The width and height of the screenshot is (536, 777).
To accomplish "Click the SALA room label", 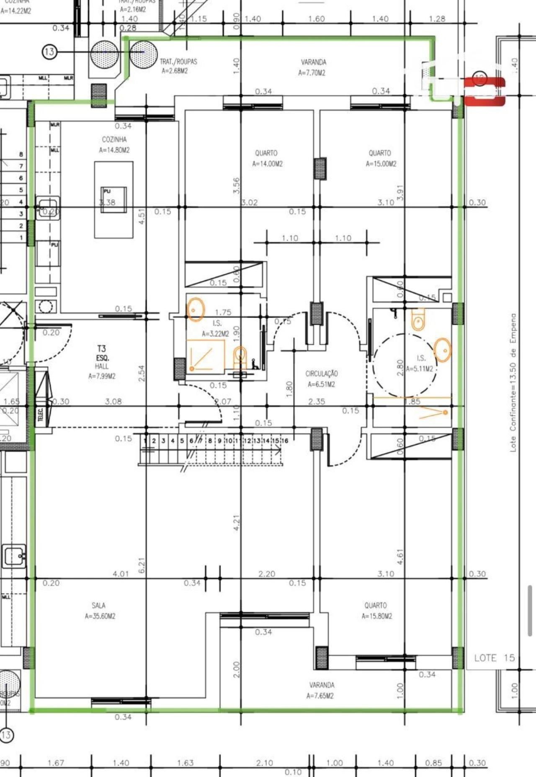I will [x=99, y=605].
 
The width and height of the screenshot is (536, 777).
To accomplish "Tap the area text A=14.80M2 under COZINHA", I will [x=114, y=150].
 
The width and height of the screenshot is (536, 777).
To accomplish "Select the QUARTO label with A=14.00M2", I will [x=266, y=153].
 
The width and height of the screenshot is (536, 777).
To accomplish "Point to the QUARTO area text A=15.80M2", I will [x=376, y=616].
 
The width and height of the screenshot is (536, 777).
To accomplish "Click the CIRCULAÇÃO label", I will [x=321, y=374].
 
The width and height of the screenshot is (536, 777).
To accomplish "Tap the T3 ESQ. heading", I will [x=102, y=353].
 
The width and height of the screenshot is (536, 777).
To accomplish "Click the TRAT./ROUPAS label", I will [x=178, y=62].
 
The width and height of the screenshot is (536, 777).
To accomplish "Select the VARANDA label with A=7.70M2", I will [x=313, y=62].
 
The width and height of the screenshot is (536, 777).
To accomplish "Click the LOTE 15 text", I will [x=494, y=658].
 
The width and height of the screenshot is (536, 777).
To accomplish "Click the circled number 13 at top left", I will [x=49, y=52].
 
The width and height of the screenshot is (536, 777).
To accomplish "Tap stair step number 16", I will [x=285, y=441].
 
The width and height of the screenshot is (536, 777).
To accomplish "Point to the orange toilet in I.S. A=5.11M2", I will [x=418, y=320].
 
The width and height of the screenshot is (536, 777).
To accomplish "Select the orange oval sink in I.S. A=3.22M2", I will [x=195, y=310].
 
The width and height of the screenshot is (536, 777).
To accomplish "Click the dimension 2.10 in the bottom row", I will [x=264, y=763].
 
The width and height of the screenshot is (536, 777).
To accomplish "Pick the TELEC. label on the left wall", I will [x=41, y=415].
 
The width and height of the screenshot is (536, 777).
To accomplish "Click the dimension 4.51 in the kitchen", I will [x=142, y=217].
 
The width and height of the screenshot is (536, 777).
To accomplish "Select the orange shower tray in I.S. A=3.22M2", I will [x=205, y=355].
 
